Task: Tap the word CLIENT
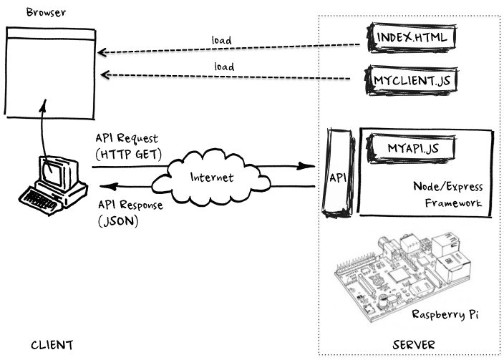(52, 345)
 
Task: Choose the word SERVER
(415, 345)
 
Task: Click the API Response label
(130, 205)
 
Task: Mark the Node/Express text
(447, 188)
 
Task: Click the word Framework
(453, 204)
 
